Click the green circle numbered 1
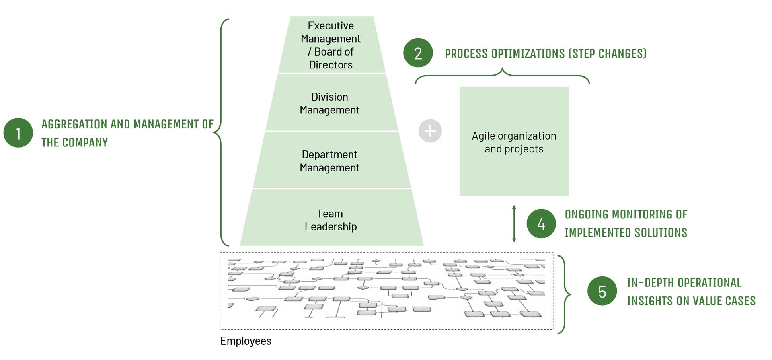pos(18,133)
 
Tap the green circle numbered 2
pos(418,53)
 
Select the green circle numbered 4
pos(541,224)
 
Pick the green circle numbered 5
pos(602,291)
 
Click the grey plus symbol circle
pos(430,131)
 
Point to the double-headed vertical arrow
pos(514,224)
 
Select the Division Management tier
pos(330,103)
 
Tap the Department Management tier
pos(330,160)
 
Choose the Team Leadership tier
pos(331,220)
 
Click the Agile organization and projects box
pos(514,142)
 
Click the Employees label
pos(246,341)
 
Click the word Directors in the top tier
pos(331,65)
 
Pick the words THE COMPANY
pos(75,142)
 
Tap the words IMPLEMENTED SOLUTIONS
pos(626,232)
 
